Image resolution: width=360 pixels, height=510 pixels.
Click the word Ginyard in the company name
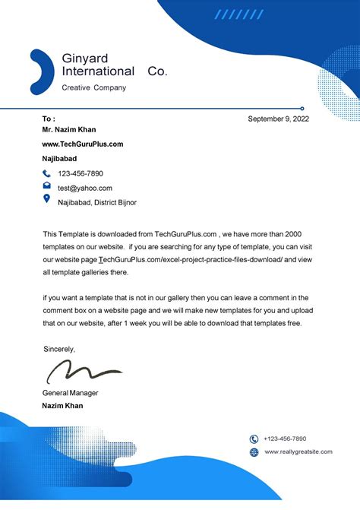85,59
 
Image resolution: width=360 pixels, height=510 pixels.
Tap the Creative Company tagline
93,87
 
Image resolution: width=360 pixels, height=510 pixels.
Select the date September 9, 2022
279,119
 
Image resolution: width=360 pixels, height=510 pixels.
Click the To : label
49,119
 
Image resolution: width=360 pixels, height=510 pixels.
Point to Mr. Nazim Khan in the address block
69,130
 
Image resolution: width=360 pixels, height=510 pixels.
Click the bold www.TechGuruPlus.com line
82,144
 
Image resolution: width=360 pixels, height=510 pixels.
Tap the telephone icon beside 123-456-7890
47,174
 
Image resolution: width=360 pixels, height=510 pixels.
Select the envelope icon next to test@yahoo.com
47,186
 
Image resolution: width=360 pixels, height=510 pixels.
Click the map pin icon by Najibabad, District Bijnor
47,200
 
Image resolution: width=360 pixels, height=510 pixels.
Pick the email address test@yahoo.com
85,188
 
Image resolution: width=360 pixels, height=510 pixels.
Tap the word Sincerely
59,349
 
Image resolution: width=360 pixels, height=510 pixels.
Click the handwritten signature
83,371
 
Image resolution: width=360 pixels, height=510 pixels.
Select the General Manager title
70,393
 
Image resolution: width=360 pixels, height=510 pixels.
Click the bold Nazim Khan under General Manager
62,406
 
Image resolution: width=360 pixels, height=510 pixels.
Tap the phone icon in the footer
254,439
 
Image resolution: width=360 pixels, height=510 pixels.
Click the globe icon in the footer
254,452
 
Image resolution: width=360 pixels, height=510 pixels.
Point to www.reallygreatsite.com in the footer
298,452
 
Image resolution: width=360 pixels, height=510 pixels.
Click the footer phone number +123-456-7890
285,439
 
